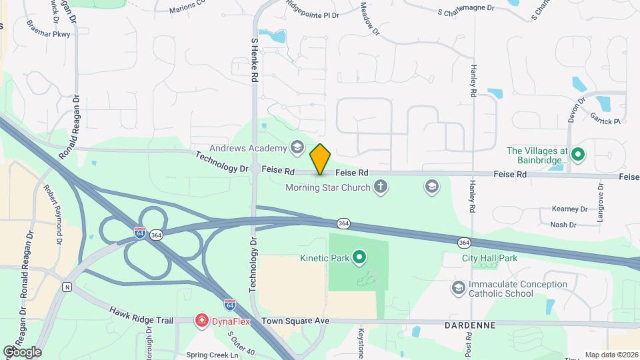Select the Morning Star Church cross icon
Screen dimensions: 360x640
point(381,187)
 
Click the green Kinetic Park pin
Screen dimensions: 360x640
point(360,257)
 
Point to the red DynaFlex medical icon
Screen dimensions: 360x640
point(201,321)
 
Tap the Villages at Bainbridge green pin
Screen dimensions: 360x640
point(579,155)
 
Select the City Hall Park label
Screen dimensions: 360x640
point(489,258)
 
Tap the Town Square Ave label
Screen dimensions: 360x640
point(295,321)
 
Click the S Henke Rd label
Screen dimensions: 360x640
point(254,60)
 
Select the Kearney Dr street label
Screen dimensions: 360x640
point(569,209)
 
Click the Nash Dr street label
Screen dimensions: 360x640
point(563,225)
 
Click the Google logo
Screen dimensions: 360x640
point(22,351)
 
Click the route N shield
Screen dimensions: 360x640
point(67,287)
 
